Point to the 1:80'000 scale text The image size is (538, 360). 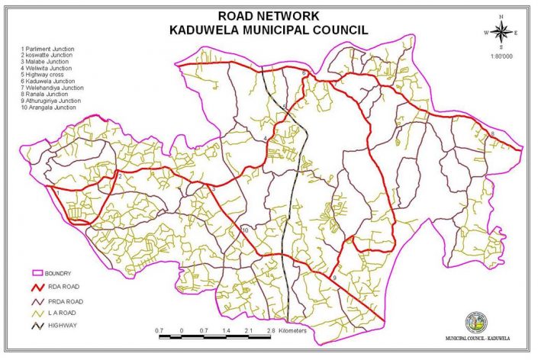click(x=501, y=56)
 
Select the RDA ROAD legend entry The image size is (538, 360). click(x=61, y=287)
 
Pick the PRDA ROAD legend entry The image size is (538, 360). click(x=63, y=301)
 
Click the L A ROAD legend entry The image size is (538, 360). click(x=60, y=313)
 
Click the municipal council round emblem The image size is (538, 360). click(x=479, y=320)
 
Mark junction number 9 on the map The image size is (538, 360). click(x=333, y=281)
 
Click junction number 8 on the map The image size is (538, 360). click(x=492, y=134)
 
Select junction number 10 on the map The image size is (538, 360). click(x=245, y=230)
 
